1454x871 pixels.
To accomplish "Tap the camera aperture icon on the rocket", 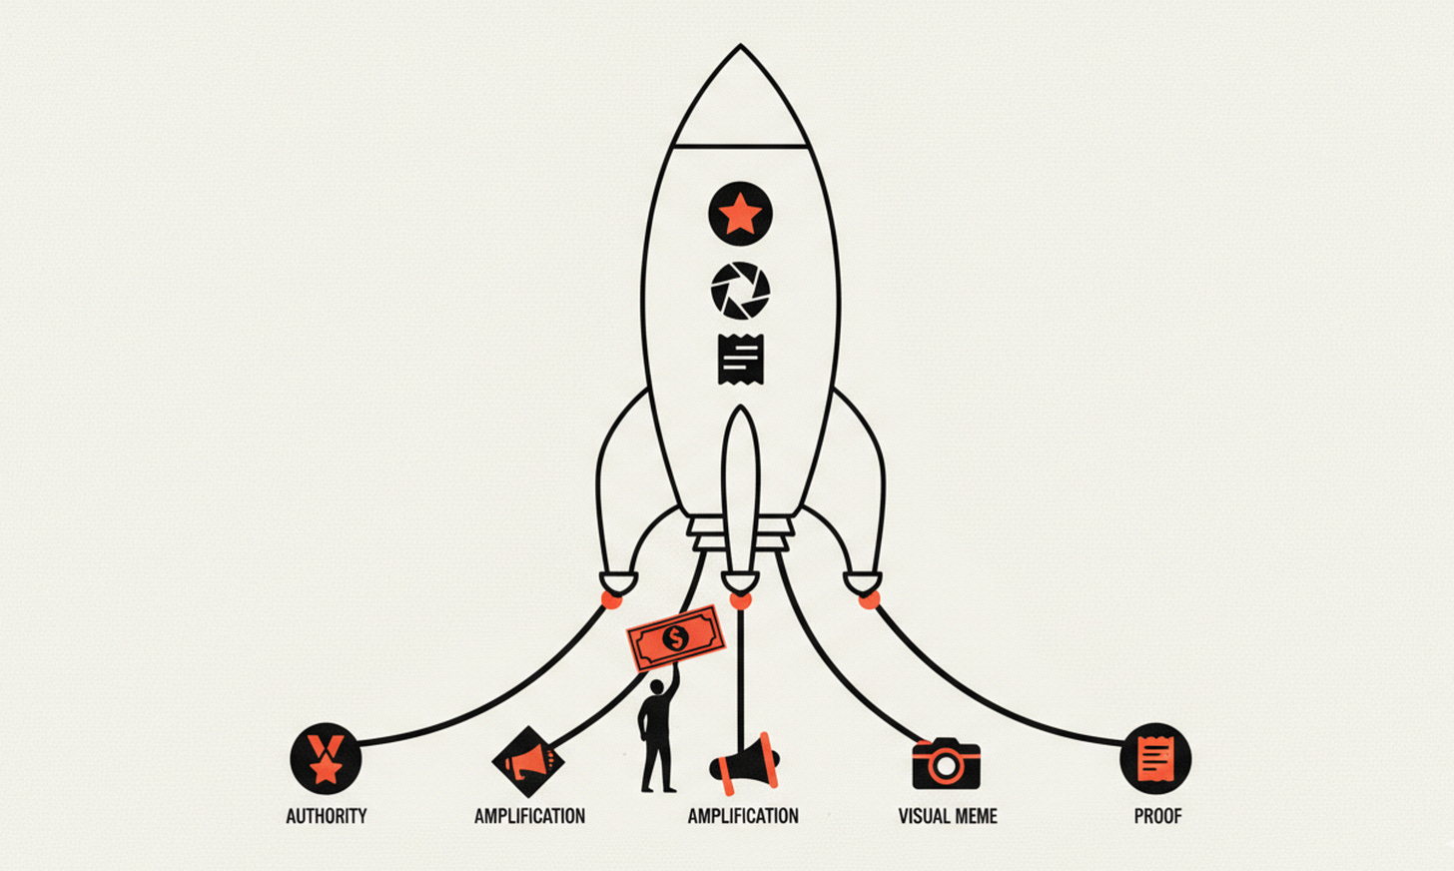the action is coord(740,291).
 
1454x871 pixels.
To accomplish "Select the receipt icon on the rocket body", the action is coord(740,358).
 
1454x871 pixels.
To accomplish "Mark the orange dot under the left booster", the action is coord(611,599).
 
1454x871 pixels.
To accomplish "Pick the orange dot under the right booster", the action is coord(869,599).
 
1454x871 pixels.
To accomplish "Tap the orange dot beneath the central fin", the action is coord(740,600).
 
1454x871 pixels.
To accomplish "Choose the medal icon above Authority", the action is coord(326,758).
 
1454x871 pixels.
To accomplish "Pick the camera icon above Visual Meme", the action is coord(946,764).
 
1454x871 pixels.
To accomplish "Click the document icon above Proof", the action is coord(1155,759).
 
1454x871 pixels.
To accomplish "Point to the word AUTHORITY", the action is coord(326,816).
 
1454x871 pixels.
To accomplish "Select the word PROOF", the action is coord(1157,816).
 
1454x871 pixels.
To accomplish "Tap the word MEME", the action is coord(976,816).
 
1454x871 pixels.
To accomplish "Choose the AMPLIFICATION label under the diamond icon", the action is coord(529,816).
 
